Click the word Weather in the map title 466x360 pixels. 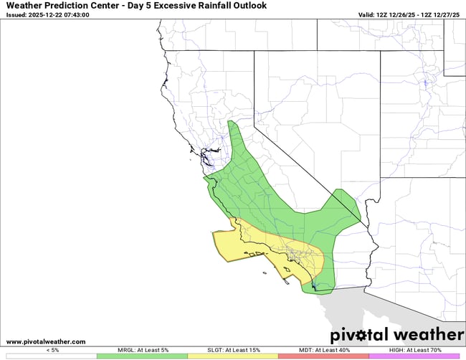click(27, 6)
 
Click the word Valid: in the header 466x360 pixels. click(369, 14)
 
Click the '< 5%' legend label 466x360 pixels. click(52, 349)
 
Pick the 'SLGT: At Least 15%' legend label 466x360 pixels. click(232, 349)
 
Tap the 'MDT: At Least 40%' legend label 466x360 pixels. click(323, 349)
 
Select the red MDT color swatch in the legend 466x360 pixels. click(323, 356)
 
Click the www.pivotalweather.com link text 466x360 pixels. click(46, 341)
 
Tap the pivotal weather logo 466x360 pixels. click(396, 335)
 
